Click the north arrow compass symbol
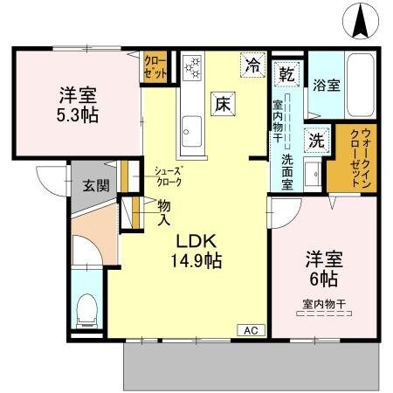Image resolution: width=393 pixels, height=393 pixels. pos(361,21)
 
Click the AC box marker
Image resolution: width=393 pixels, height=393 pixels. pos(251,330)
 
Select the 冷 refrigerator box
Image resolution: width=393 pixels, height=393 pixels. pos(252,65)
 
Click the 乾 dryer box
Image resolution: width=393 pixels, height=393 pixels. pos(286,72)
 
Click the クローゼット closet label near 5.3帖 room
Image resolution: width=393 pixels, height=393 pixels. pos(156,67)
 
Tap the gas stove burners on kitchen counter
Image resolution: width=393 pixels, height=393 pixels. pos(191,67)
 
